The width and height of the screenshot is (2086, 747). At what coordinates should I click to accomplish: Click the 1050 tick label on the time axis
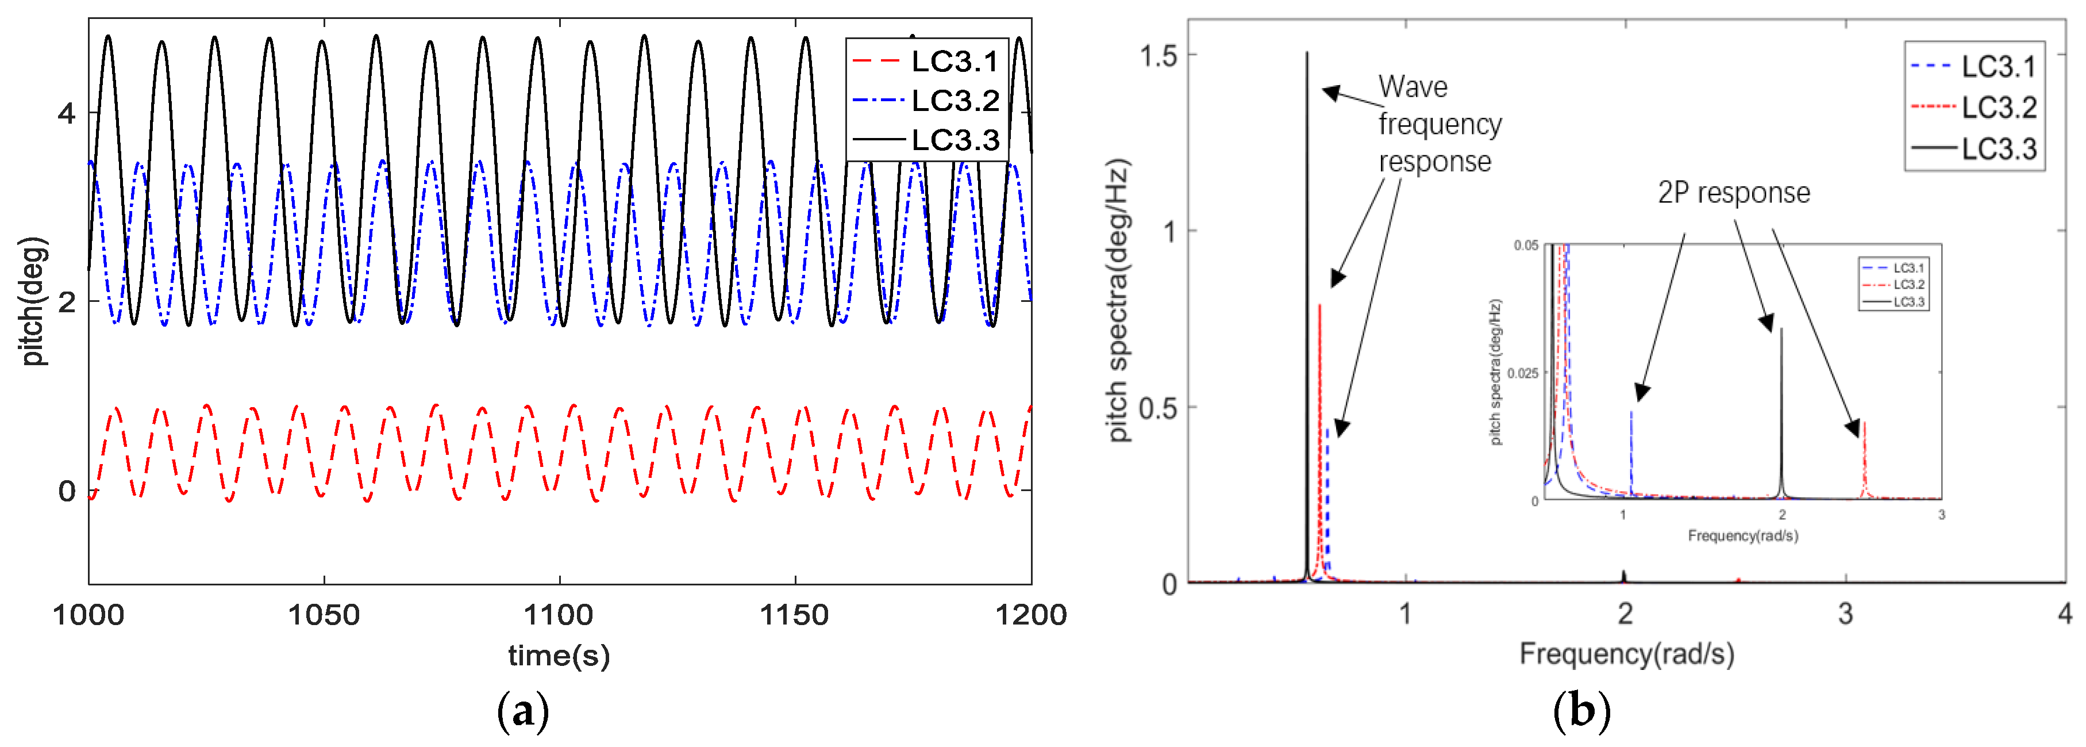point(324,615)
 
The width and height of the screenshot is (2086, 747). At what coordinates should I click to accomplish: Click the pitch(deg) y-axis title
point(32,301)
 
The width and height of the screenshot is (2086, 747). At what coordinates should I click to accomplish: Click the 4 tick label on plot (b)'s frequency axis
point(2064,614)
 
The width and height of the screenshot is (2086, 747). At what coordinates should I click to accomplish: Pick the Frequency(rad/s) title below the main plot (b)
point(1626,653)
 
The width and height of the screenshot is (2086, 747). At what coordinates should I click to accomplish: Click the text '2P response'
point(1734,193)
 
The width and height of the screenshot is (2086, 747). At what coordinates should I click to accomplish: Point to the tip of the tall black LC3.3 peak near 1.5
point(1306,54)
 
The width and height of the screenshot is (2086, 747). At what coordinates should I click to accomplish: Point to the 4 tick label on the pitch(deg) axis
point(67,113)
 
